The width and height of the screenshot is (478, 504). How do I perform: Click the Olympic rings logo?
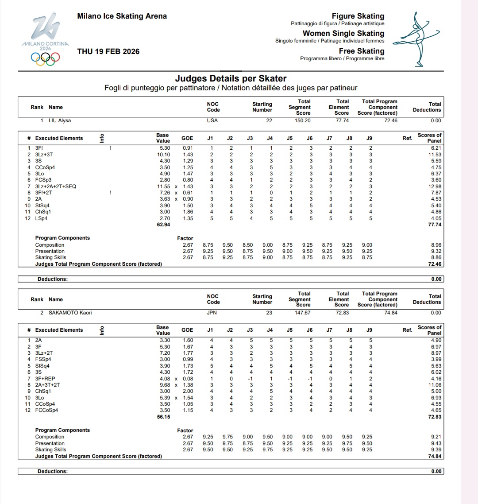(45, 58)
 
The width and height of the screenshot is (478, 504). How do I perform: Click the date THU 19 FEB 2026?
(108, 51)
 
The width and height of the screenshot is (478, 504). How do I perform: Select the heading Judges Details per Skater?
(231, 79)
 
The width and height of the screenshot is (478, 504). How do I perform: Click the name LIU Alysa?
(60, 120)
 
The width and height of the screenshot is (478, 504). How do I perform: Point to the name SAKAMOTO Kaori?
(70, 313)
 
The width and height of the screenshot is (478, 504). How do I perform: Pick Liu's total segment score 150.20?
(303, 120)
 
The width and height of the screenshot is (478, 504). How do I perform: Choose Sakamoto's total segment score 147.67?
(303, 313)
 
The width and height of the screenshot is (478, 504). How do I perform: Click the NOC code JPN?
(212, 313)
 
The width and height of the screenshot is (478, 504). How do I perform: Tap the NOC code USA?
(212, 120)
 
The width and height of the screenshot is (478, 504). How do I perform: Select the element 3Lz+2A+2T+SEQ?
(55, 186)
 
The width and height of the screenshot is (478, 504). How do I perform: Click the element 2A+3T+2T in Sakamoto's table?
(47, 385)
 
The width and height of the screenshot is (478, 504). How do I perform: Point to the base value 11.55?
(163, 186)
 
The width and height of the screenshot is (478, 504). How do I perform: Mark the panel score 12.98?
(435, 186)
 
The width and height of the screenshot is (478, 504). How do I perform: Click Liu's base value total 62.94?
(163, 225)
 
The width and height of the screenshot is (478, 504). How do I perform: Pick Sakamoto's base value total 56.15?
(163, 417)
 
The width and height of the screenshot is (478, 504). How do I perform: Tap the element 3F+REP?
(44, 379)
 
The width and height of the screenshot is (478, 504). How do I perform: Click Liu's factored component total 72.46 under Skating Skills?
(435, 264)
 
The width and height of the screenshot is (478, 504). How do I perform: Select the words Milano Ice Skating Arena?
(122, 16)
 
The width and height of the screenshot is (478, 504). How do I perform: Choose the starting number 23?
(269, 313)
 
